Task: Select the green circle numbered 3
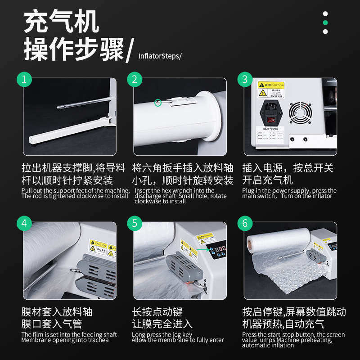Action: [245, 80]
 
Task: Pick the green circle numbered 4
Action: [25, 224]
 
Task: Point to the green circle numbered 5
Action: [135, 224]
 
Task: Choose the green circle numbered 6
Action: [245, 224]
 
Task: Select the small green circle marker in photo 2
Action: [157, 103]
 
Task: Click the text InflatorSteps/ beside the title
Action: [160, 56]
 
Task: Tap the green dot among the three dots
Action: [325, 22]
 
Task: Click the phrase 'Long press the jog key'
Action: [162, 334]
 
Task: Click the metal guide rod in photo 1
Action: [83, 104]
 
